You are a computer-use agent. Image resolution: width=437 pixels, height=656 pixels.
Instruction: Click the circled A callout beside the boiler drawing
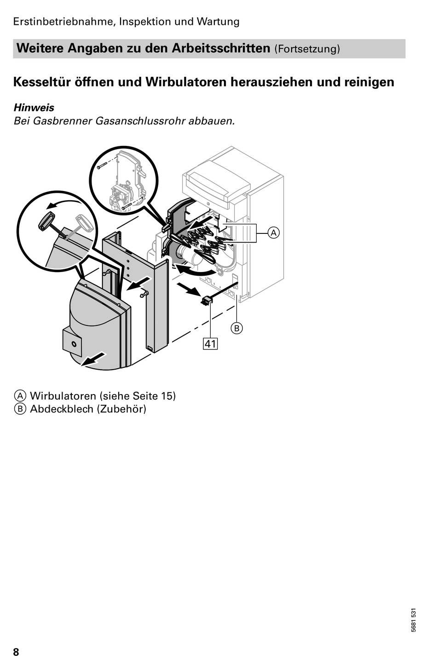(x=273, y=233)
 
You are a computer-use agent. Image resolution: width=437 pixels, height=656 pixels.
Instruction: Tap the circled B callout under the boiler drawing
(x=237, y=328)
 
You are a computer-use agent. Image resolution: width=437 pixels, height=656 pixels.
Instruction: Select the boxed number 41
(x=211, y=344)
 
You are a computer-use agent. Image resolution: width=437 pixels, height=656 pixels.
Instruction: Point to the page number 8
(x=16, y=650)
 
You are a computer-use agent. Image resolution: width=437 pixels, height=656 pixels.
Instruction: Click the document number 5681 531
(x=413, y=620)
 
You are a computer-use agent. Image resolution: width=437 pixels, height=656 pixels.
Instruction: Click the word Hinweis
(x=34, y=108)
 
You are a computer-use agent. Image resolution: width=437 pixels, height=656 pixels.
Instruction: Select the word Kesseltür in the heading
(x=42, y=82)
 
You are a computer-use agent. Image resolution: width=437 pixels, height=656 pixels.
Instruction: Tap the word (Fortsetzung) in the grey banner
(x=307, y=49)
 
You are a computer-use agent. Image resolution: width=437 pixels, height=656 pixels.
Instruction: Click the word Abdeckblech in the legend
(x=62, y=408)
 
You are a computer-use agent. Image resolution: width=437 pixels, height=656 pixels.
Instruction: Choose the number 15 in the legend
(x=166, y=395)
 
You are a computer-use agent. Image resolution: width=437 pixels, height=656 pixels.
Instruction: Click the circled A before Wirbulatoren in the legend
(x=20, y=396)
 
